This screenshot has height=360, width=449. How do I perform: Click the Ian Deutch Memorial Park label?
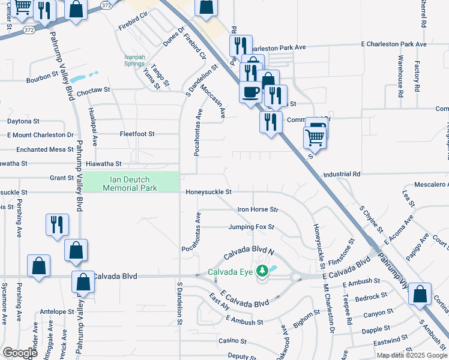pyautogui.click(x=130, y=184)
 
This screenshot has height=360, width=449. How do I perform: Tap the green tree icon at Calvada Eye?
pyautogui.click(x=262, y=271)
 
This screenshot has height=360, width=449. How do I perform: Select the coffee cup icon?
pyautogui.click(x=250, y=92)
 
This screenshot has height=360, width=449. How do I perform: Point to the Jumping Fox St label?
pyautogui.click(x=251, y=227)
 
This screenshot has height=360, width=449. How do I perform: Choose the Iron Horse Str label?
pyautogui.click(x=258, y=209)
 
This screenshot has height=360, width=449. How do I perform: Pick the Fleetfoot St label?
pyautogui.click(x=137, y=134)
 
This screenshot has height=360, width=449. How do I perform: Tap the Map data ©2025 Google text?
pyautogui.click(x=411, y=355)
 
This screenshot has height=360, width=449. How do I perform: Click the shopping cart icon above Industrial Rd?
pyautogui.click(x=315, y=137)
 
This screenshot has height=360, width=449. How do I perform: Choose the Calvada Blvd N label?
pyautogui.click(x=248, y=255)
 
